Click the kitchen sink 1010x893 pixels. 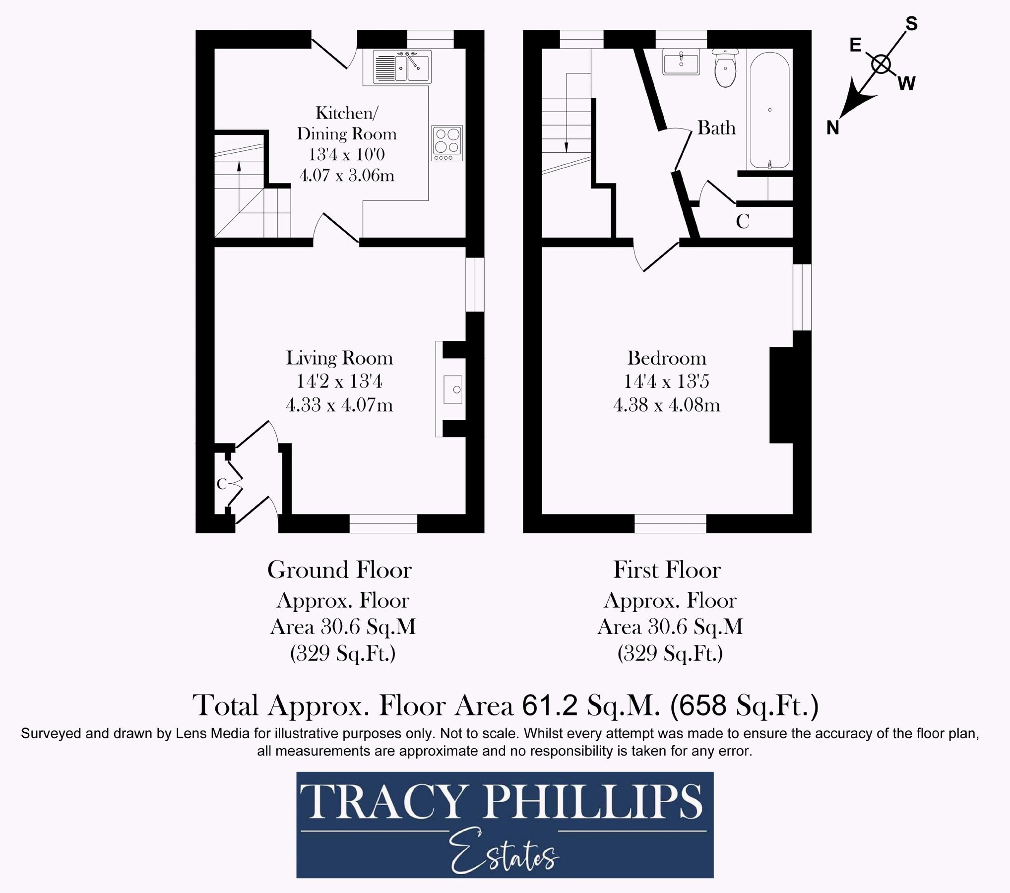tap(402, 67)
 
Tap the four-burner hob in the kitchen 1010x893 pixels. tap(447, 143)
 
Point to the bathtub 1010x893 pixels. tap(769, 110)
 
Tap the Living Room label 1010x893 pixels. tap(339, 358)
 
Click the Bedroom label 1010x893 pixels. tap(666, 358)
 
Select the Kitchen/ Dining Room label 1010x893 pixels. tap(347, 123)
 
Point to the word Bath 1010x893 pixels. tap(716, 128)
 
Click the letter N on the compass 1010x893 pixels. tap(833, 128)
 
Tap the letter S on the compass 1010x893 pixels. tap(912, 23)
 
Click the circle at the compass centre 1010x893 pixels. tap(881, 64)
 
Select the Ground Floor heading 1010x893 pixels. tap(339, 570)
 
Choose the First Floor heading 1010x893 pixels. tap(667, 570)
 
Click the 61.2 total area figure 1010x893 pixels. tap(550, 705)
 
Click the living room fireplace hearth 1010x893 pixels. tap(452, 389)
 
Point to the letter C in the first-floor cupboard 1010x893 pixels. tap(742, 221)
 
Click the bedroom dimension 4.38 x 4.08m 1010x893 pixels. tap(666, 405)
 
